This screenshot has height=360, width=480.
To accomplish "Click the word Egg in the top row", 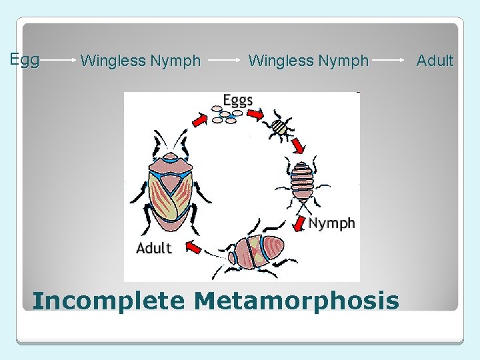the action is [25, 60].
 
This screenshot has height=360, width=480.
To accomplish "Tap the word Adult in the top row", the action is [435, 61].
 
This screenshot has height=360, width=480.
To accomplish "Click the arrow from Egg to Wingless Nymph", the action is [59, 61].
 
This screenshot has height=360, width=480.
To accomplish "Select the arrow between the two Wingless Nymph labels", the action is [224, 61].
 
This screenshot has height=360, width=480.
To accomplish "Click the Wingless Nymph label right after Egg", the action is [140, 61].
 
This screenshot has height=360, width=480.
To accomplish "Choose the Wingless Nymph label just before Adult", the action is [308, 61].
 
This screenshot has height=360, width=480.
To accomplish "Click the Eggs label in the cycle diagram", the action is [237, 100].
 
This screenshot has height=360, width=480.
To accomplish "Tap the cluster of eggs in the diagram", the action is [226, 117].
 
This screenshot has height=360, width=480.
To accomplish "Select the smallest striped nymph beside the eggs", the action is [281, 126].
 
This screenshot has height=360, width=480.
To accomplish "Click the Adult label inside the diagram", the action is [154, 248].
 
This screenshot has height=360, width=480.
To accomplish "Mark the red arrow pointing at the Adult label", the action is [193, 247].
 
